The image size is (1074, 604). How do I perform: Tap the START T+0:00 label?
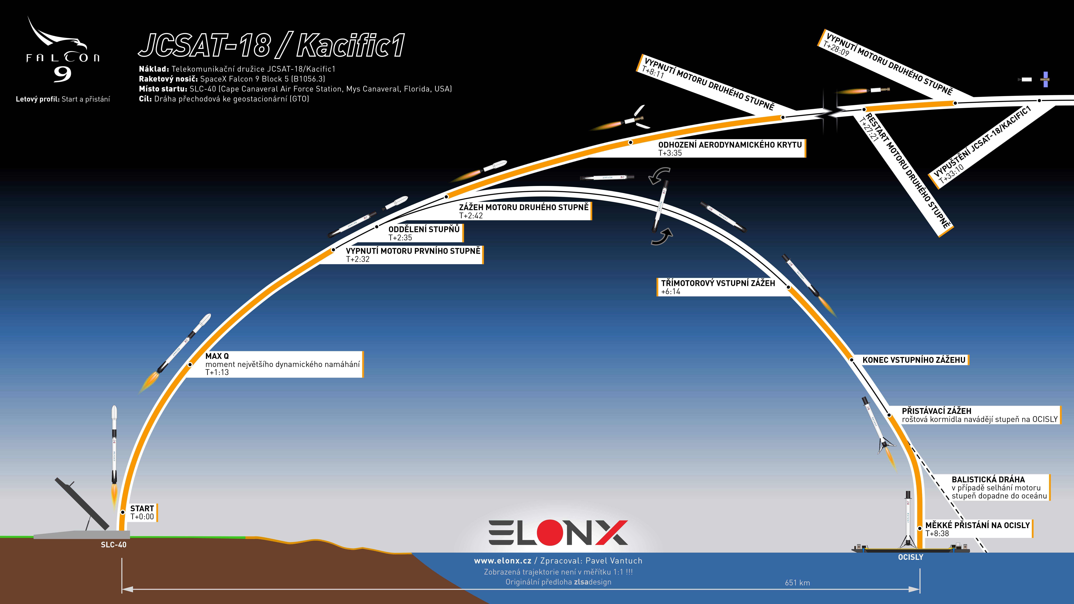tap(142, 512)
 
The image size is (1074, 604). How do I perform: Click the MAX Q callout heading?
tap(217, 356)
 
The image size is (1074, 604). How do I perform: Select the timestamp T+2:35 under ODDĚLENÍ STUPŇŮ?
tap(400, 238)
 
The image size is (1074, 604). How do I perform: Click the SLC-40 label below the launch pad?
tap(113, 545)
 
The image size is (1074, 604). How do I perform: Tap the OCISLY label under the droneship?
tap(911, 557)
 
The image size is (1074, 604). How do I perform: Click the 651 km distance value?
tap(798, 583)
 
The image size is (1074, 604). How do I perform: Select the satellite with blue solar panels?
tap(1045, 79)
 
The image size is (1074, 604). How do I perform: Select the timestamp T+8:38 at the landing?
tap(937, 534)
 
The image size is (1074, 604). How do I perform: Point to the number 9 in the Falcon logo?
tap(63, 74)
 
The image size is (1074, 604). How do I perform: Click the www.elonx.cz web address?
tap(502, 561)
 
